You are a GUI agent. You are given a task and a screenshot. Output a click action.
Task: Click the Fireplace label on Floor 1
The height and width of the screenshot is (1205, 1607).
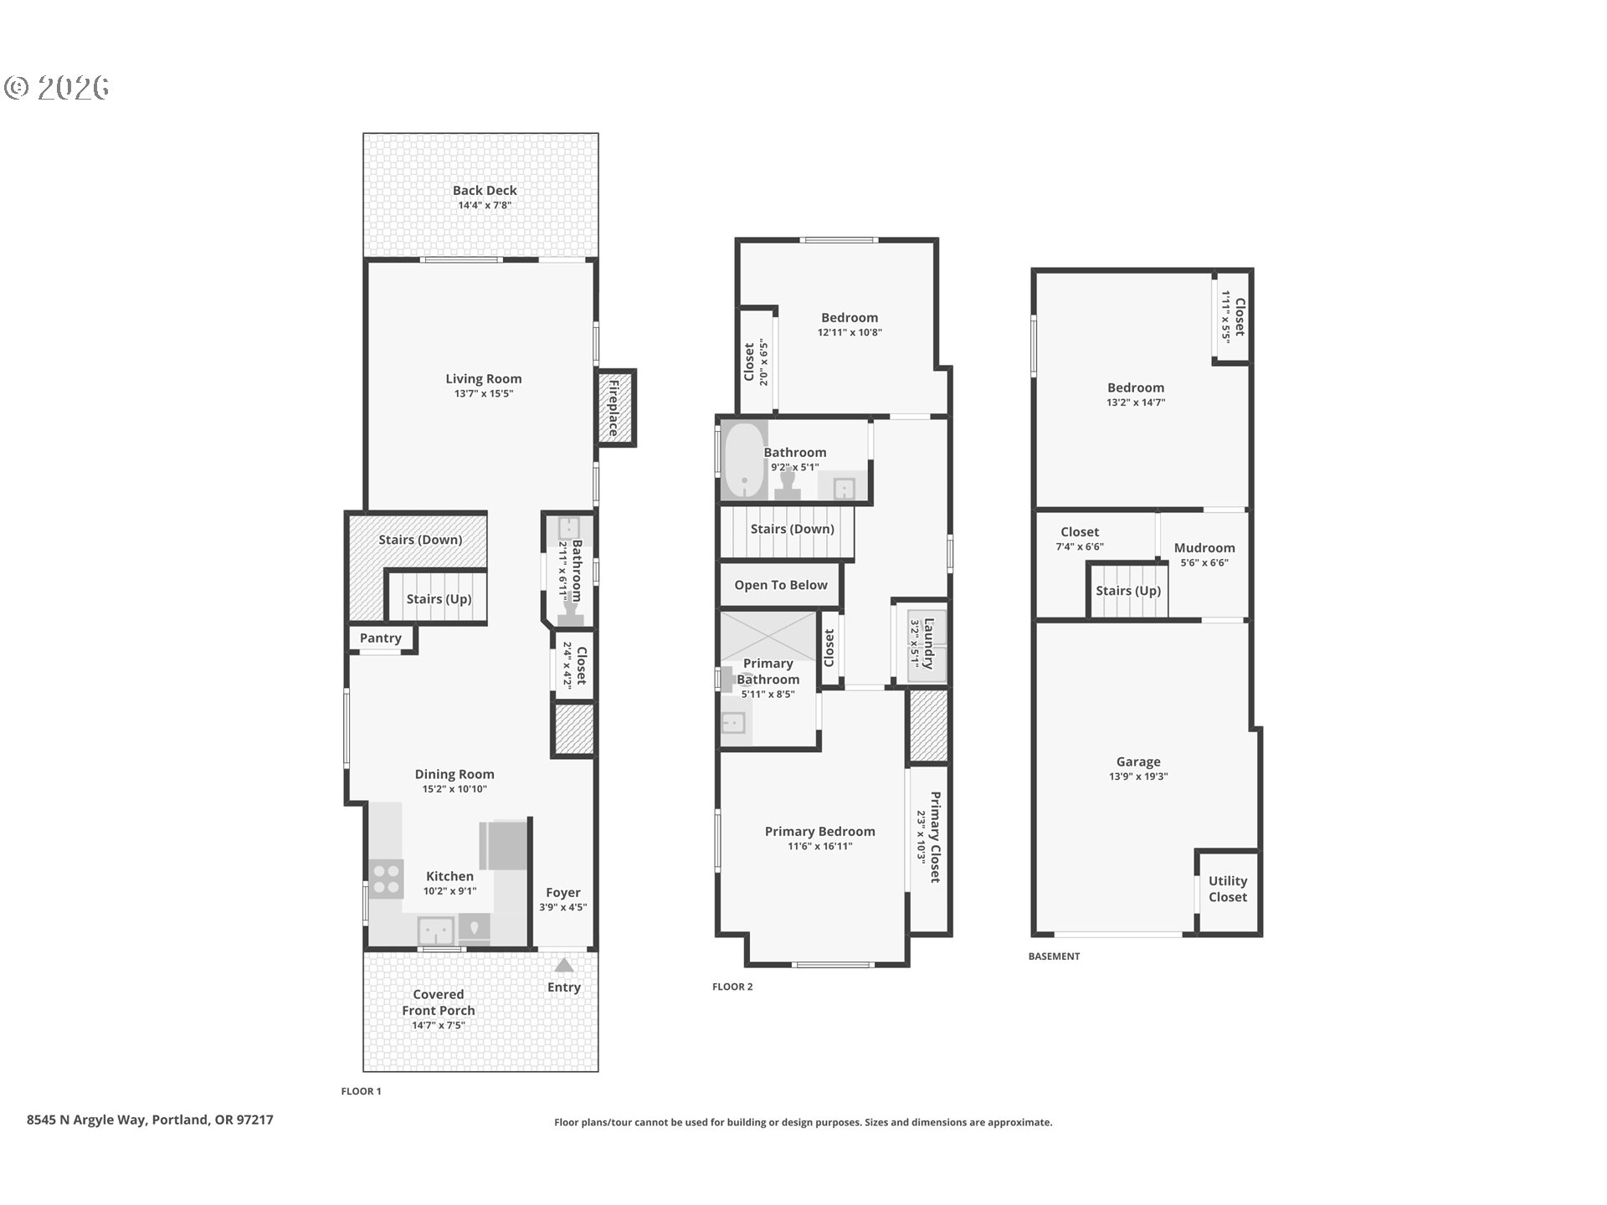tap(614, 408)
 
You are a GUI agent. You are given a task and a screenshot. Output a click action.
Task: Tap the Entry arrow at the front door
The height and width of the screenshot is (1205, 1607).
tap(564, 965)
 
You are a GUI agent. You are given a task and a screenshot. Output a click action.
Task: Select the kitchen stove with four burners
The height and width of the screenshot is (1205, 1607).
tap(386, 879)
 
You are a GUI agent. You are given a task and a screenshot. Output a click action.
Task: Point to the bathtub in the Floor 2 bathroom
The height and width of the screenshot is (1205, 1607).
tap(744, 460)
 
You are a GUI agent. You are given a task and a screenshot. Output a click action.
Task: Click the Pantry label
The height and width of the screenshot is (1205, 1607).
tap(381, 638)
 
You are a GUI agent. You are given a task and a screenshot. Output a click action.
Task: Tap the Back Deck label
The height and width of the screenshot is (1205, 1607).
tap(485, 191)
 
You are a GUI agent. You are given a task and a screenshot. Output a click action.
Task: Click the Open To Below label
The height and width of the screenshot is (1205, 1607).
tap(781, 585)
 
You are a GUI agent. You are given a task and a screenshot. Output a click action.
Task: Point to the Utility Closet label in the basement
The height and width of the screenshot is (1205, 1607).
tap(1228, 889)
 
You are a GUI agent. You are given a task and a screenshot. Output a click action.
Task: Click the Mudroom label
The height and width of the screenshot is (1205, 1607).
tap(1204, 548)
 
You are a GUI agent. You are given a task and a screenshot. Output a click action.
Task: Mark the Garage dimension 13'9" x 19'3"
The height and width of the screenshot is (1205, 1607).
tap(1138, 777)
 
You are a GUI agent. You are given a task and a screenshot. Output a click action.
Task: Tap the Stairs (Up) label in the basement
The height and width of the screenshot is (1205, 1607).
tap(1128, 591)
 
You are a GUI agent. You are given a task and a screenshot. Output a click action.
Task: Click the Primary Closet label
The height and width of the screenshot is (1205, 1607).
tap(935, 837)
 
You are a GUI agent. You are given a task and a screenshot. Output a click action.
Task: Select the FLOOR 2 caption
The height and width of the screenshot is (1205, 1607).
tap(732, 987)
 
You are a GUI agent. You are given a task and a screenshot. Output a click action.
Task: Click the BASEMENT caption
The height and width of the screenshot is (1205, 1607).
tap(1054, 956)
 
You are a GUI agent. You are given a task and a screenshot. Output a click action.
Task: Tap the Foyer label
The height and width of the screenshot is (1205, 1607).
tap(563, 893)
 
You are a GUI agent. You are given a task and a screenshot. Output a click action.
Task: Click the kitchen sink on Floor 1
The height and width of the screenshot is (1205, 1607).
tap(436, 931)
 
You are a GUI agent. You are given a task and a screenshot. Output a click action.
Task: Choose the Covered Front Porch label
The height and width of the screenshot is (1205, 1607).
tap(439, 1002)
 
